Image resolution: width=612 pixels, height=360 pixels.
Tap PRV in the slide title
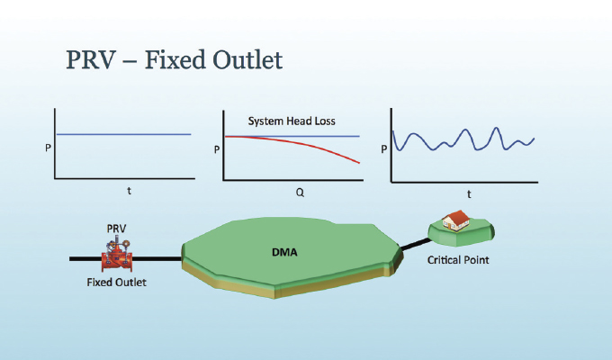pyautogui.click(x=91, y=60)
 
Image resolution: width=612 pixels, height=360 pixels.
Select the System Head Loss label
pyautogui.click(x=292, y=121)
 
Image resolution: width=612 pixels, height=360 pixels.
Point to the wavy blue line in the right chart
pyautogui.click(x=463, y=139)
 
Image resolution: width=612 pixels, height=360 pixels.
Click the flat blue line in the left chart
pyautogui.click(x=123, y=134)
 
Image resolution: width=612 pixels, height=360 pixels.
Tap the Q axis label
pyautogui.click(x=300, y=193)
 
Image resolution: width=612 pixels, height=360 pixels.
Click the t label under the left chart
pyautogui.click(x=130, y=191)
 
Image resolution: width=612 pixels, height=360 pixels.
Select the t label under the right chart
pyautogui.click(x=469, y=194)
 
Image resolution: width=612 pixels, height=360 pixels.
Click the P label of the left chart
pyautogui.click(x=48, y=148)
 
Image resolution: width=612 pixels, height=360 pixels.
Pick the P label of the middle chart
pyautogui.click(x=217, y=149)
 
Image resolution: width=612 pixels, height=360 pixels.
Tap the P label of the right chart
pyautogui.click(x=384, y=149)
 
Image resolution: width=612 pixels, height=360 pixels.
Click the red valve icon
pyautogui.click(x=117, y=256)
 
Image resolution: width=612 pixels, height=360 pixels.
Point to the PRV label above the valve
pyautogui.click(x=116, y=229)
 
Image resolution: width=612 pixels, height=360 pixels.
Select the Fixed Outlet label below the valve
pyautogui.click(x=116, y=283)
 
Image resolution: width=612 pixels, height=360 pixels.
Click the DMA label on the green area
pyautogui.click(x=284, y=252)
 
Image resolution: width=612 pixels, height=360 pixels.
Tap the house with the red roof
pyautogui.click(x=456, y=220)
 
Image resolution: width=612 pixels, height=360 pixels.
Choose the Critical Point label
pyautogui.click(x=458, y=260)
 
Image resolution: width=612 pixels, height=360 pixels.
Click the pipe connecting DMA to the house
pyautogui.click(x=416, y=244)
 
